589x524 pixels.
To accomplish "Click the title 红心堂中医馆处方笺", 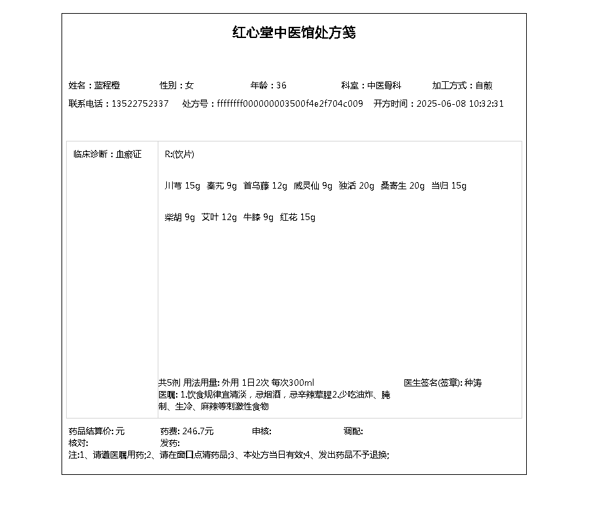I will [294, 32].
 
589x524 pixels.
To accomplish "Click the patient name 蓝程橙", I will [107, 85].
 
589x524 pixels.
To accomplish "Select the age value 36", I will [281, 85].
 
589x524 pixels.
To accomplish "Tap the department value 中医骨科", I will [384, 85].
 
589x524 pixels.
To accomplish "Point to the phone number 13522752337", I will [140, 103].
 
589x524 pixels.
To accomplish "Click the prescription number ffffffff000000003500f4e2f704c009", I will [290, 103].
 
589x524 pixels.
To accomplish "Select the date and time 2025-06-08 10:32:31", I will [460, 103].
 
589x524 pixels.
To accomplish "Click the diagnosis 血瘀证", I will [128, 155].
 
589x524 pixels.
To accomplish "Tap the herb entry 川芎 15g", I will [183, 186].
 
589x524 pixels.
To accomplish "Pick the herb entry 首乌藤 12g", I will [265, 186].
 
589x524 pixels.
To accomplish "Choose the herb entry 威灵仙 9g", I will [313, 186].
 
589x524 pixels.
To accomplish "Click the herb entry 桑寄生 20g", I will [402, 186].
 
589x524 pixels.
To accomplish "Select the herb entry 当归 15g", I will [449, 186].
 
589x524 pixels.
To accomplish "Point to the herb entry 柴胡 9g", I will [180, 217].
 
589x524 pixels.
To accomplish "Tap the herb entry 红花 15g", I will [298, 217].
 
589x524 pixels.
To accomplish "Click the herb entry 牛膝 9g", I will [259, 217].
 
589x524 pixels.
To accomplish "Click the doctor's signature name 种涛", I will [473, 383].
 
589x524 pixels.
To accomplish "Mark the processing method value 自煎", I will [484, 85].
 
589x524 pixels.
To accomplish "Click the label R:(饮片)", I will [179, 155].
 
